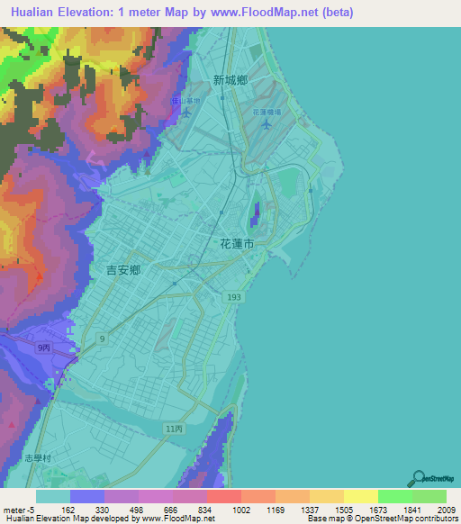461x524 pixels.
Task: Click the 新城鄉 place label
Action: [x=230, y=80]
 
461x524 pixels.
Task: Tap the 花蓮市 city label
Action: [x=237, y=244]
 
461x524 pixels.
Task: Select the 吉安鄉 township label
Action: [x=123, y=269]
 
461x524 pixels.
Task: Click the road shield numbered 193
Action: [x=233, y=295]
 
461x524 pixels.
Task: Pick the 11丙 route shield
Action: [x=174, y=429]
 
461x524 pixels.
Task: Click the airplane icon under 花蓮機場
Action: [x=265, y=123]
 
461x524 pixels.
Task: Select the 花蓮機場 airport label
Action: [x=267, y=112]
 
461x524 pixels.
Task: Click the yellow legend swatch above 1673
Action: [x=360, y=496]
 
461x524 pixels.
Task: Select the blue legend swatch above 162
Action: [x=86, y=496]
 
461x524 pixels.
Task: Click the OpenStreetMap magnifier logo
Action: [x=417, y=478]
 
